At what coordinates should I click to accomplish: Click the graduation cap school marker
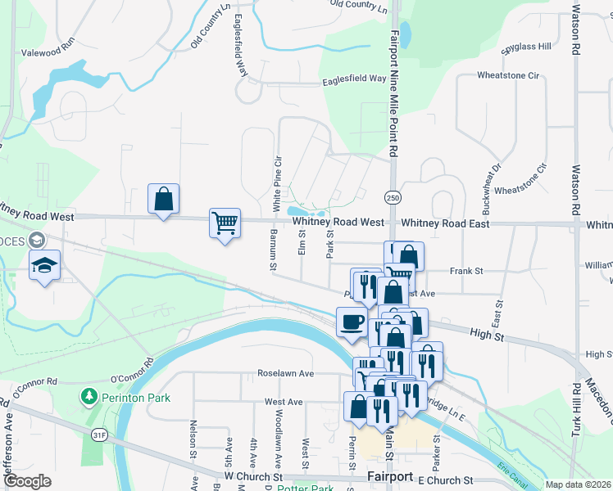click(43, 265)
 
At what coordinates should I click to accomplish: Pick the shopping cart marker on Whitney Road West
click(225, 223)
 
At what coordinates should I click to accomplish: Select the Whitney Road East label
click(444, 223)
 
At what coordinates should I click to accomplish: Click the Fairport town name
click(391, 476)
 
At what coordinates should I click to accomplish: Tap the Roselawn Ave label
click(286, 373)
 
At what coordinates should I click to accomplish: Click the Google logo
click(27, 481)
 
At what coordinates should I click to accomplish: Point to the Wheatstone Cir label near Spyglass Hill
click(511, 76)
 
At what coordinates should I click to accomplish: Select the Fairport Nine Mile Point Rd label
click(394, 94)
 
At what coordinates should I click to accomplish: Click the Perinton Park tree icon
click(89, 397)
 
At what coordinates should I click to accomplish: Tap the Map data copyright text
click(577, 485)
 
